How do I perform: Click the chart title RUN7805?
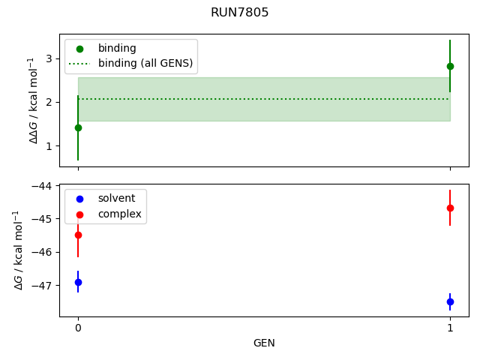pyautogui.click(x=240, y=13)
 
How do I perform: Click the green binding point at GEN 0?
pyautogui.click(x=78, y=127)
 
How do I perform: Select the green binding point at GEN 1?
pyautogui.click(x=450, y=66)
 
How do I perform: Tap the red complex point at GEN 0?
pyautogui.click(x=78, y=235)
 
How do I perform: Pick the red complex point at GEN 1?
pyautogui.click(x=450, y=208)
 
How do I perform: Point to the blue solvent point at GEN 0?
pyautogui.click(x=78, y=282)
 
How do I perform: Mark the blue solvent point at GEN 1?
pyautogui.click(x=450, y=301)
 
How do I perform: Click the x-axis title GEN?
pyautogui.click(x=264, y=343)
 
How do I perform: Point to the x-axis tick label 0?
pyautogui.click(x=78, y=328)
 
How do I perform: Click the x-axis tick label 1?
pyautogui.click(x=450, y=328)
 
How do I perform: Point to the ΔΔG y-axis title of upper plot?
pyautogui.click(x=33, y=100)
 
